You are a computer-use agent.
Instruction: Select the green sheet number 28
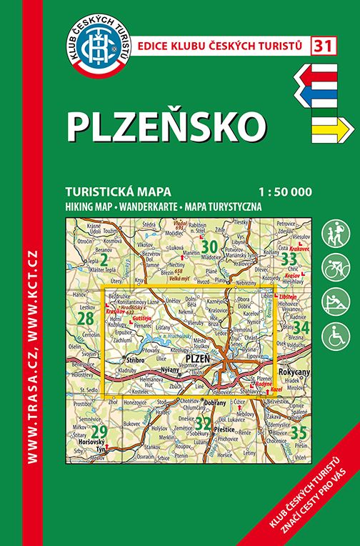point(86,318)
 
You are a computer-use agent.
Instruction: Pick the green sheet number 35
point(300,432)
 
